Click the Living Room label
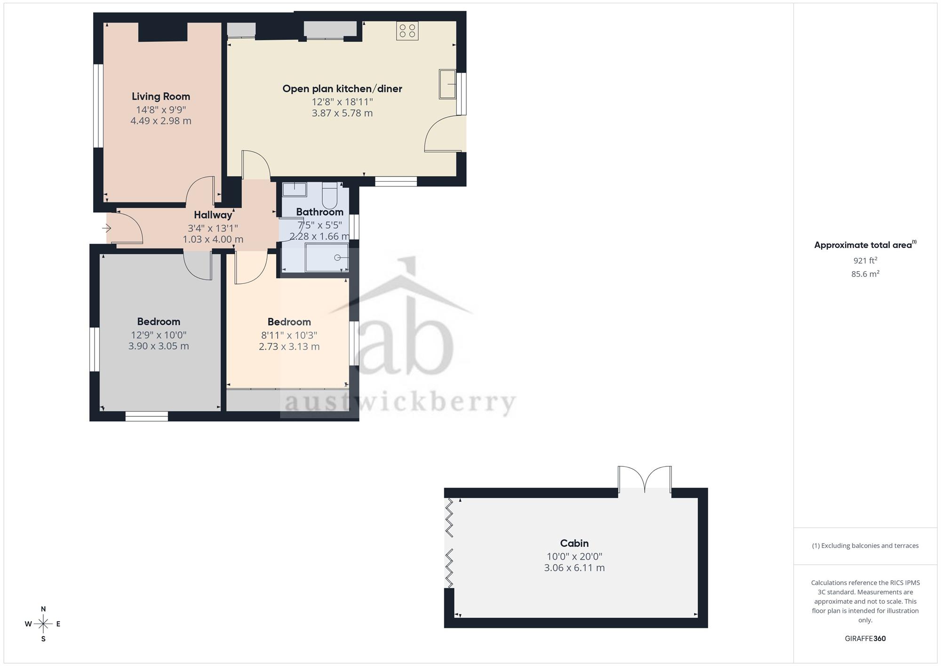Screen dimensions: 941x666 [161, 96]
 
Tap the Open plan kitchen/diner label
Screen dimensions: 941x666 [342, 88]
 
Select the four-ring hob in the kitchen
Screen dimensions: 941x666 [407, 31]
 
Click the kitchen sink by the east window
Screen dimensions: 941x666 [447, 84]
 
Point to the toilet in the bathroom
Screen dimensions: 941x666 [330, 195]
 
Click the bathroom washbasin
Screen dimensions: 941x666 [294, 189]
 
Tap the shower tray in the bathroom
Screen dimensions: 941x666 [327, 257]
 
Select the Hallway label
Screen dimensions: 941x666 [213, 215]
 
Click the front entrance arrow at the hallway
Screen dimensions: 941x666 [106, 229]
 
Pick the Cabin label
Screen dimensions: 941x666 [574, 543]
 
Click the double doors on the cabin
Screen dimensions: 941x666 [645, 480]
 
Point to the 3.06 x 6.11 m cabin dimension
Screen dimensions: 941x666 [574, 568]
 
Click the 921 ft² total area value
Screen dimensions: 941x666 [865, 260]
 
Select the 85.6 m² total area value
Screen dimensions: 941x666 [865, 273]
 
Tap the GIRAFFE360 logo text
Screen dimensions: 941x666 [865, 639]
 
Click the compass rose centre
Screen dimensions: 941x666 [43, 624]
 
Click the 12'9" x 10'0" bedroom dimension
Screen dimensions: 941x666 [159, 335]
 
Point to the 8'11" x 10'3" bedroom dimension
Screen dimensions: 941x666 [289, 335]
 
